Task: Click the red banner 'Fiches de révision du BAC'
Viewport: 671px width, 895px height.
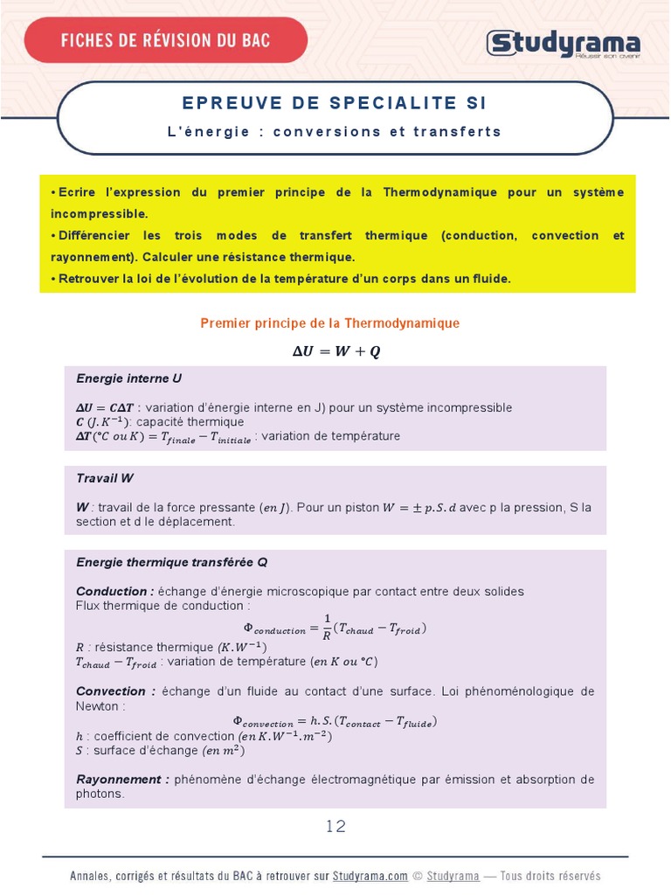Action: point(165,40)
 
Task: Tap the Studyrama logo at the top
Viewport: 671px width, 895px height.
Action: point(563,44)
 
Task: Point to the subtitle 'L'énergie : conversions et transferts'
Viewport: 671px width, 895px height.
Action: point(335,132)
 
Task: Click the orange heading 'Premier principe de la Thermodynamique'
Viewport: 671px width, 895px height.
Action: point(330,323)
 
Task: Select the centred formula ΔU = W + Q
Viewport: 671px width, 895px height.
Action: point(336,352)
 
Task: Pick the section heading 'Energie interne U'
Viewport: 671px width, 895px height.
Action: point(128,378)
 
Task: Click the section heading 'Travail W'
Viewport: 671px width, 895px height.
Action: point(104,478)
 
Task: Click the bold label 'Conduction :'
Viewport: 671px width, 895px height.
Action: point(114,592)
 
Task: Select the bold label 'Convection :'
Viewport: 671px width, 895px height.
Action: point(116,691)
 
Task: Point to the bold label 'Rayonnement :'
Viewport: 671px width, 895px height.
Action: point(122,780)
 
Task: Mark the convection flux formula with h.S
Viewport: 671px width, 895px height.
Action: point(335,721)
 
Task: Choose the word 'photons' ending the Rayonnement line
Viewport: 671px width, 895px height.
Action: point(100,794)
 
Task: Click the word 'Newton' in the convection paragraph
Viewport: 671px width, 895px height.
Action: point(98,706)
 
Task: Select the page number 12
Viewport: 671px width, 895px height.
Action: point(335,826)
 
